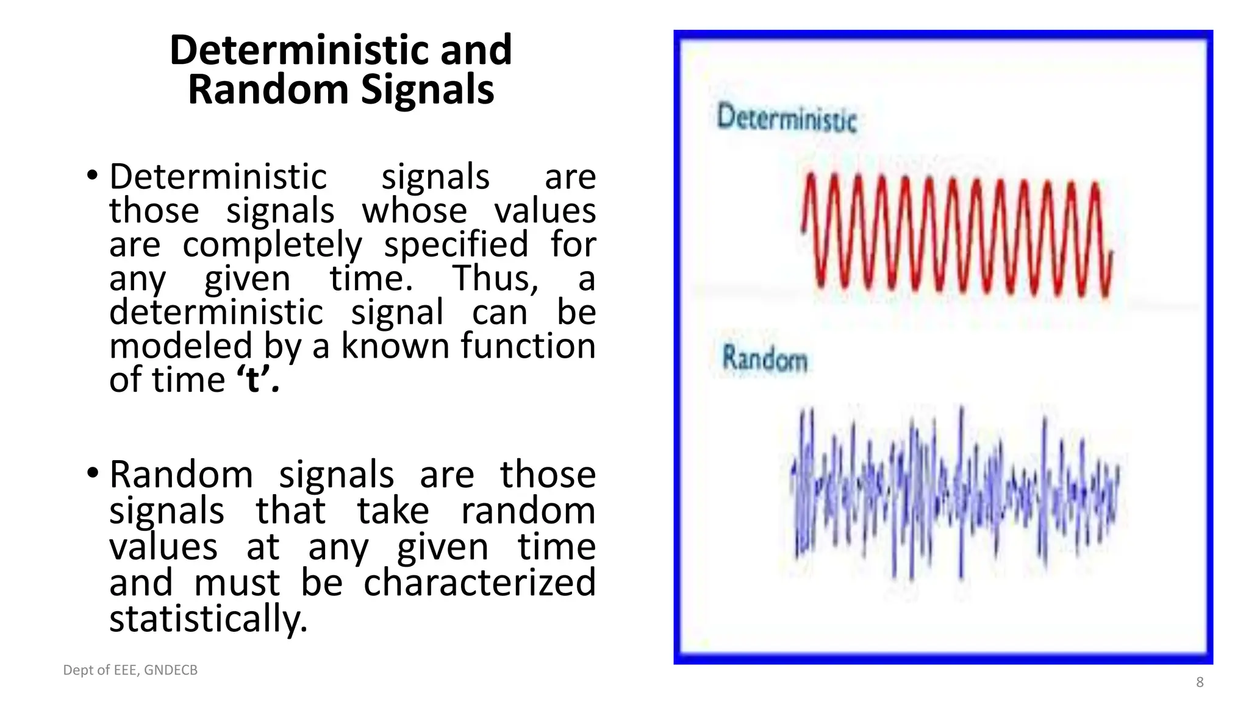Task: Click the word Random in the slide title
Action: pyautogui.click(x=267, y=90)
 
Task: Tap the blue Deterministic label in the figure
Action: pyautogui.click(x=786, y=118)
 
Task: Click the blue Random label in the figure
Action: pyautogui.click(x=764, y=358)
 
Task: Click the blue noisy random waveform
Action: pyautogui.click(x=954, y=494)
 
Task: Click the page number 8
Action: pyautogui.click(x=1199, y=682)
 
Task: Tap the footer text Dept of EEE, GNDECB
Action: pyautogui.click(x=131, y=670)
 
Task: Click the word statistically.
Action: pyautogui.click(x=208, y=618)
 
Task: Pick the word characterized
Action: pyautogui.click(x=479, y=582)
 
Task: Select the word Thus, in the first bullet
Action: pyautogui.click(x=495, y=278)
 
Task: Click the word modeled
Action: pyautogui.click(x=181, y=346)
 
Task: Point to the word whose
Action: pyautogui.click(x=414, y=211)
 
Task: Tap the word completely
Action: pyautogui.click(x=272, y=245)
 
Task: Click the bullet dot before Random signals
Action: pyautogui.click(x=92, y=473)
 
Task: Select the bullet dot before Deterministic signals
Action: pyautogui.click(x=92, y=175)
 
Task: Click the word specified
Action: pyautogui.click(x=456, y=245)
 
